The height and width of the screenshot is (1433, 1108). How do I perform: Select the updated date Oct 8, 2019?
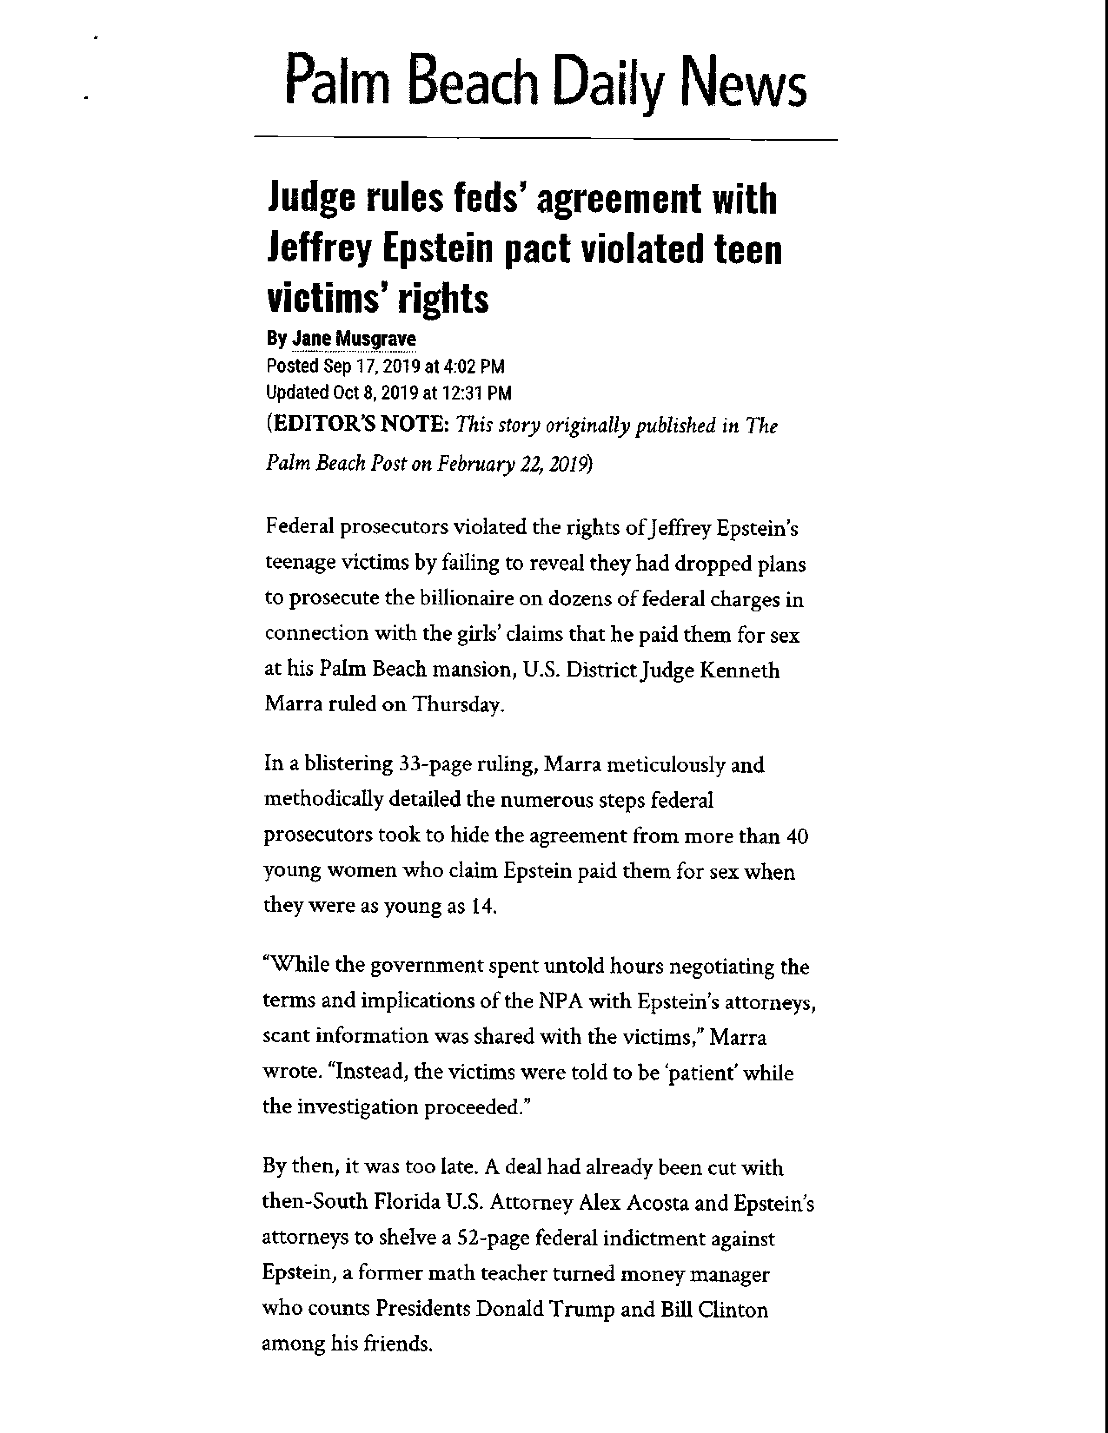(x=375, y=393)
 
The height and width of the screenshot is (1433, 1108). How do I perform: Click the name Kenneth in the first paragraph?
(x=740, y=670)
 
